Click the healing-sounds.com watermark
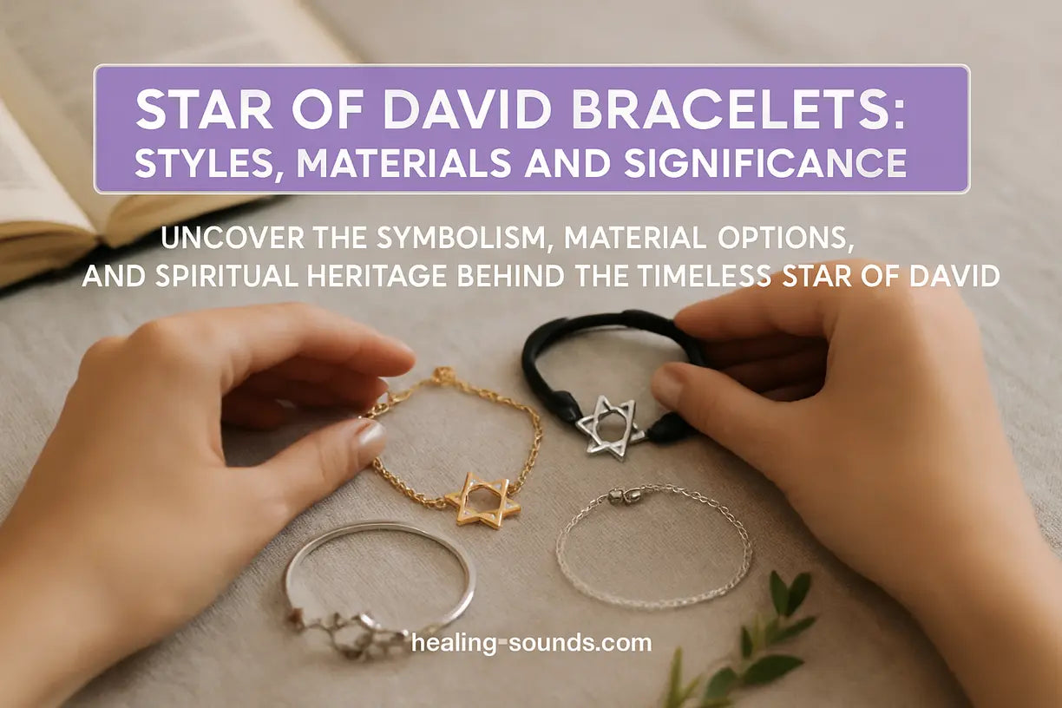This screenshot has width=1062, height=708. coord(531,643)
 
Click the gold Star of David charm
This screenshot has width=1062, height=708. coord(482,499)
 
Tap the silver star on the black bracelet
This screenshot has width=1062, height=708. coord(610,424)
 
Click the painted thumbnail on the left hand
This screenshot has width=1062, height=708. coord(370,441)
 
